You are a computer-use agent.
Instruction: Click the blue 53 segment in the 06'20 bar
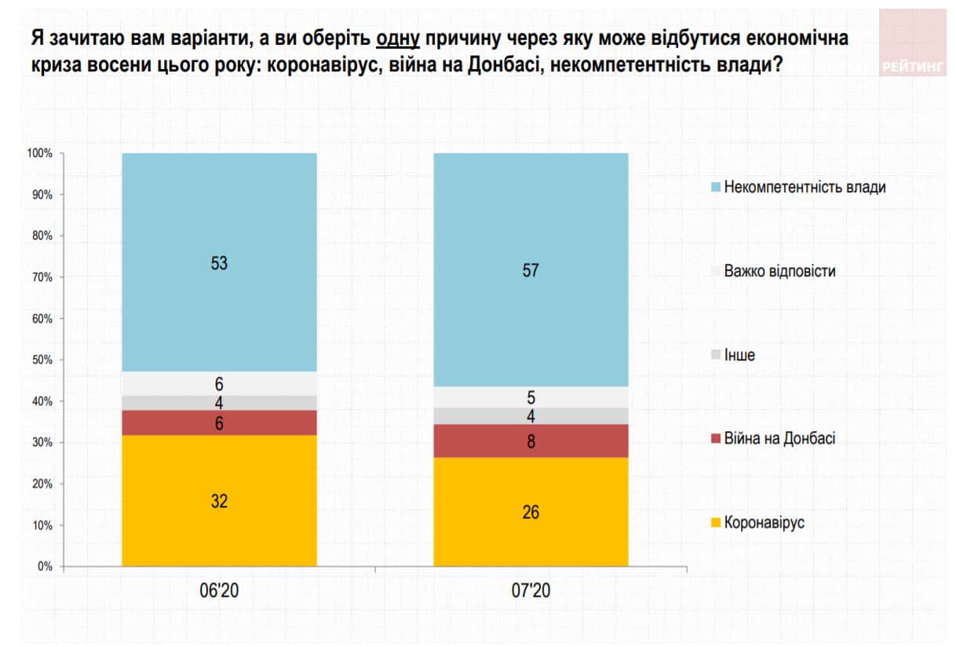[219, 262]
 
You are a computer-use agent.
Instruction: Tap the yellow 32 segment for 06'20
[219, 500]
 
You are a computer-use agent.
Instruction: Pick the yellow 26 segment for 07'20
[531, 511]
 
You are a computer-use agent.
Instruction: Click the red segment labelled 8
[531, 440]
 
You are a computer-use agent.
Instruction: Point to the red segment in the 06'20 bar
[219, 422]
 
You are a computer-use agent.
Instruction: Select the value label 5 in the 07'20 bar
[531, 397]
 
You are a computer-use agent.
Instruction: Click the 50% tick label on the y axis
[42, 360]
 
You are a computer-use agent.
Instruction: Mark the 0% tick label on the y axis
[45, 566]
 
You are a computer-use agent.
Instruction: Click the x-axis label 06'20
[219, 591]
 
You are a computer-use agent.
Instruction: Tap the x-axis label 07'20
[531, 591]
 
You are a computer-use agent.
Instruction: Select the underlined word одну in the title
[398, 38]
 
